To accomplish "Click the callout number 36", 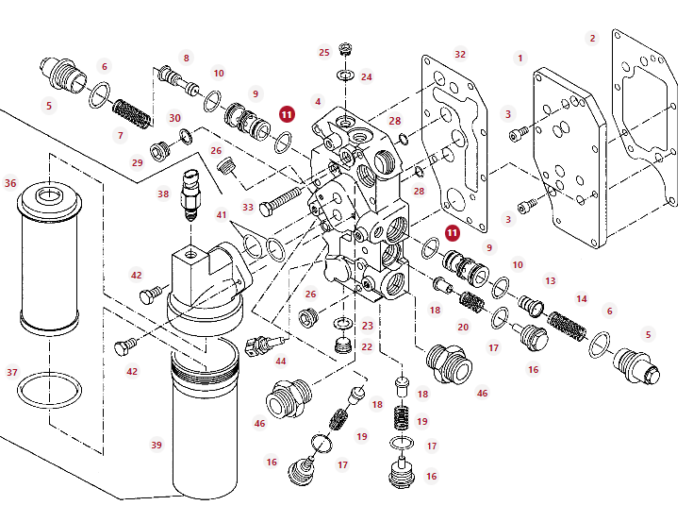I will (x=10, y=183).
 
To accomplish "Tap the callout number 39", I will (x=157, y=445).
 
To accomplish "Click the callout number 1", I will (x=520, y=59).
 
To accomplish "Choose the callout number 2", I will (x=592, y=39).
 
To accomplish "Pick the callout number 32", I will (x=460, y=55).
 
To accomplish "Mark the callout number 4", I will (x=319, y=101).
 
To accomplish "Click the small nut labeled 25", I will (x=344, y=48).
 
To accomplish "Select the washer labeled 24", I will (x=344, y=76).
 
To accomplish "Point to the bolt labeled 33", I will (x=280, y=199).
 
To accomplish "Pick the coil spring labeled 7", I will (x=132, y=114).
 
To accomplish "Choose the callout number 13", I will (x=551, y=281).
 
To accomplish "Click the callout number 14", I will (x=582, y=299).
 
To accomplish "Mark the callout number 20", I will (x=463, y=328).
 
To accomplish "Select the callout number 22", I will (x=367, y=346).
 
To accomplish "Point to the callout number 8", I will (x=186, y=59).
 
